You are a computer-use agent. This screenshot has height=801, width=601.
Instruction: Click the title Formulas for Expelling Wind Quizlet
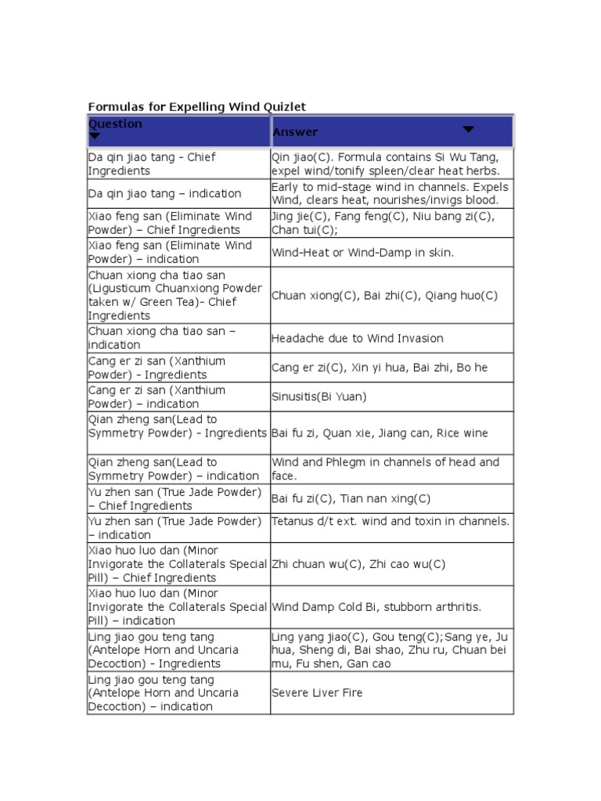[196, 106]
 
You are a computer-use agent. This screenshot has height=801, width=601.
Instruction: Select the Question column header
[116, 124]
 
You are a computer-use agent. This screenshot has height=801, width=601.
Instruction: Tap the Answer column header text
[295, 132]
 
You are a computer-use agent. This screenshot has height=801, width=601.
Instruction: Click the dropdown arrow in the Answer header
[468, 129]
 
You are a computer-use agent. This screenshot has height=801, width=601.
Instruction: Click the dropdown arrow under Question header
[95, 135]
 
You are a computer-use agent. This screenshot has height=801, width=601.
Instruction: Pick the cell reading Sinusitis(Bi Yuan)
[318, 397]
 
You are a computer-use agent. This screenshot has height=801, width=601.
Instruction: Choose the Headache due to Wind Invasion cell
[357, 338]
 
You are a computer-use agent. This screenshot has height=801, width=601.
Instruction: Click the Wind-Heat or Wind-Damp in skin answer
[362, 252]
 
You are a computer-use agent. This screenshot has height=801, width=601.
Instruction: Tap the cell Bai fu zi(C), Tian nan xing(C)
[351, 498]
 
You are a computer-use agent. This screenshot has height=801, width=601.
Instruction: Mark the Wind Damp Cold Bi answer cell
[376, 607]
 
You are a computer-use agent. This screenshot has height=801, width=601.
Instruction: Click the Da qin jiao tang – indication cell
[165, 193]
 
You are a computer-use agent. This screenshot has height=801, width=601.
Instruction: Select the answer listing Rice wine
[380, 433]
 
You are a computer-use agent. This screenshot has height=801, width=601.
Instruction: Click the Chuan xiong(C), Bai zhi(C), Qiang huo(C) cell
[384, 296]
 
